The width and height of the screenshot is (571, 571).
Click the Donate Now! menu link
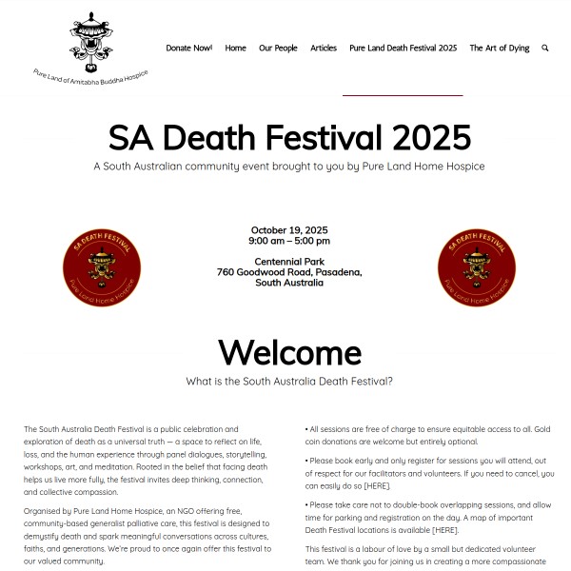point(188,48)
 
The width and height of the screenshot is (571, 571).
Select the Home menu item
point(235,48)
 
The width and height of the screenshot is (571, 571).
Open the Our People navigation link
point(278,48)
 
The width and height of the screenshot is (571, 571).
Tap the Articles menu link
point(324,48)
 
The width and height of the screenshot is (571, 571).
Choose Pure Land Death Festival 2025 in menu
point(403,48)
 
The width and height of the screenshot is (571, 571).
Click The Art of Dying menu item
point(499,48)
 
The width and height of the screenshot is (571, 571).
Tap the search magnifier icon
point(545,48)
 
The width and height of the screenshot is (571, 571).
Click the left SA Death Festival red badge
point(101,269)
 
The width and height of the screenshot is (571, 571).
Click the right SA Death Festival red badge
point(477,269)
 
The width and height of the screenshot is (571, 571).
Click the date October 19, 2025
point(289,230)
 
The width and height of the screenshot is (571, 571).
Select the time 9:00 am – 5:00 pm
point(289,241)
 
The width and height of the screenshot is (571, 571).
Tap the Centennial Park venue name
point(289,262)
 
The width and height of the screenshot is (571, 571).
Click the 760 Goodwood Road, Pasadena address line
point(289,272)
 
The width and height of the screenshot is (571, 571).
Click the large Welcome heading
point(289,352)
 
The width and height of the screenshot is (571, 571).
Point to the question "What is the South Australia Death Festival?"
point(289,382)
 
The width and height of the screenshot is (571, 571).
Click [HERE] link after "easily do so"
point(377,485)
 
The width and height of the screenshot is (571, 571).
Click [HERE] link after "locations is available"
point(445,529)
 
